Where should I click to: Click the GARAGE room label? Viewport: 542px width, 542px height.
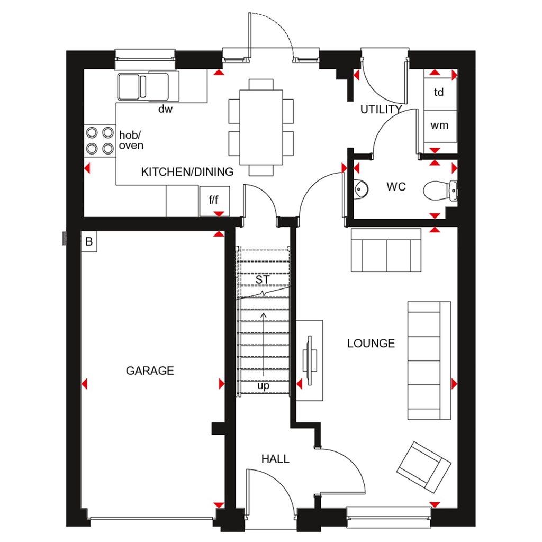[x=150, y=371]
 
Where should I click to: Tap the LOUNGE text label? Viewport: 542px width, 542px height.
[x=371, y=344]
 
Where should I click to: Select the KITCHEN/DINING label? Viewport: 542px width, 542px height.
[x=187, y=172]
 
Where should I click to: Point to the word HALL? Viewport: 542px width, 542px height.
[x=275, y=459]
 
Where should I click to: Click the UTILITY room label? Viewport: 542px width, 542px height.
[x=381, y=110]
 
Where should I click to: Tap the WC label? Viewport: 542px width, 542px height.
[x=396, y=187]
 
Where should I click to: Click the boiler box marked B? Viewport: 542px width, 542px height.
[x=89, y=242]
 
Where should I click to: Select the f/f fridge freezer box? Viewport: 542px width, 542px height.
[x=214, y=200]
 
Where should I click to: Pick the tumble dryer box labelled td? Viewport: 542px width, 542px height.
[x=439, y=92]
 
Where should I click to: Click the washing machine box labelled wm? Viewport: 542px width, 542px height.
[x=439, y=125]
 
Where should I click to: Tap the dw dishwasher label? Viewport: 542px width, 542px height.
[x=166, y=110]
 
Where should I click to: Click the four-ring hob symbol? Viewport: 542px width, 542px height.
[x=100, y=140]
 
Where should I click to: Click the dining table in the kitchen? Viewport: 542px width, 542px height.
[x=261, y=127]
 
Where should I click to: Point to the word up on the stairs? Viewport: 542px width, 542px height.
[x=263, y=386]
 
